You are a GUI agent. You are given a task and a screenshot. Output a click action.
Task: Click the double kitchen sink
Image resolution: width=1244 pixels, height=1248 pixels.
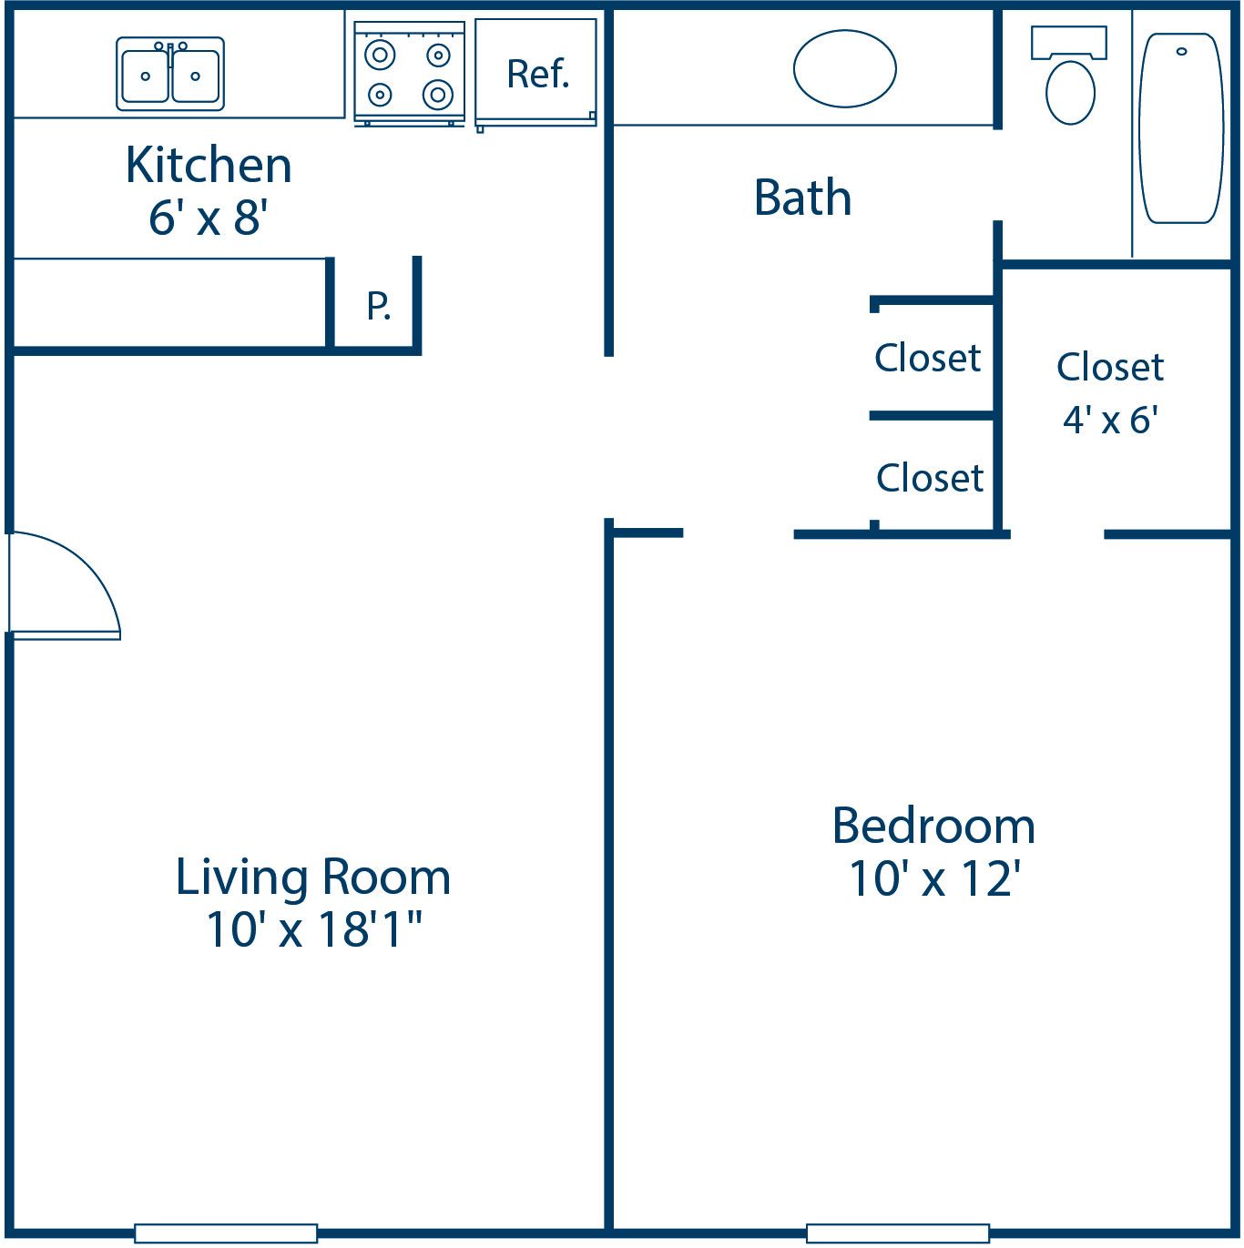coord(170,75)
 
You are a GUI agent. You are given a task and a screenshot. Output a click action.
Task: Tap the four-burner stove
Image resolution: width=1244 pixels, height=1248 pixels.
coord(409,75)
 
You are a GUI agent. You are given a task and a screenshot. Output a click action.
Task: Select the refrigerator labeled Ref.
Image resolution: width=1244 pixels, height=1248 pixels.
coord(536,74)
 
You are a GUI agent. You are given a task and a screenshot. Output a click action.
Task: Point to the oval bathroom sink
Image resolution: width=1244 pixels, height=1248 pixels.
coord(844,69)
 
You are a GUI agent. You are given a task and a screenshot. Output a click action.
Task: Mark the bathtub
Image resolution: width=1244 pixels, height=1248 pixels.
coord(1181,128)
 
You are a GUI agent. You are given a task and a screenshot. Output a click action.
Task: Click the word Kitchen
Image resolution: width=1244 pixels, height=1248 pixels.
coord(209,166)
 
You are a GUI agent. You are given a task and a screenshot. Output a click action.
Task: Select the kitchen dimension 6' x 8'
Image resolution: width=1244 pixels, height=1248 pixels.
coord(209,218)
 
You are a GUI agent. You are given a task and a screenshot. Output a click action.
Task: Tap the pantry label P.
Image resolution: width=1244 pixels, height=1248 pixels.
coord(378,306)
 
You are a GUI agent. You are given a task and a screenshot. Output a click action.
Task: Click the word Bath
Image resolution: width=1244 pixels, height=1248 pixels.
coord(802,198)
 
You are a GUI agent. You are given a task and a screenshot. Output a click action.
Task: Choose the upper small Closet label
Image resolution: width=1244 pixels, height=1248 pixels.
coord(927,358)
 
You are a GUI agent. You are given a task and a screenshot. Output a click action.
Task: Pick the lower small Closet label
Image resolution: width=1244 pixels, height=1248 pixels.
coord(929,478)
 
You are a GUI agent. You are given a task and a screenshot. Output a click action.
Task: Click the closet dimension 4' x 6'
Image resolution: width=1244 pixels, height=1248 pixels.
coord(1110,420)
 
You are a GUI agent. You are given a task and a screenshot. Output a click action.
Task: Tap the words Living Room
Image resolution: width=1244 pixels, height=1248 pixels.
coord(312,878)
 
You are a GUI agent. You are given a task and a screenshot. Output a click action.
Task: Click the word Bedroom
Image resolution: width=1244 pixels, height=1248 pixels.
coord(933,827)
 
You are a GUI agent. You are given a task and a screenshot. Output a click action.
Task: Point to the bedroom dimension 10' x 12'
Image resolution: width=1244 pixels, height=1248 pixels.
coord(933,879)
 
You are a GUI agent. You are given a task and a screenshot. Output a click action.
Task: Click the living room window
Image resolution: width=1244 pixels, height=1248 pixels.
coord(226,1233)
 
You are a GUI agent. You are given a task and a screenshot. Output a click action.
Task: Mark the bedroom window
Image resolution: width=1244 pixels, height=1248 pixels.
coord(898,1233)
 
